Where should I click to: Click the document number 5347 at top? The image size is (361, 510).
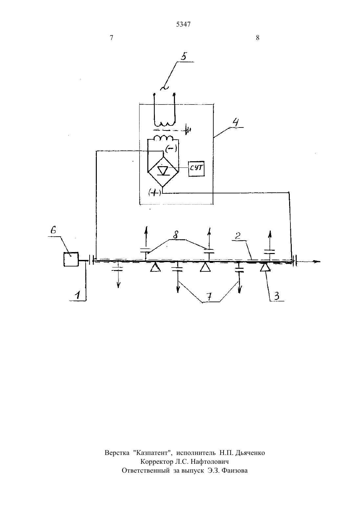pyautogui.click(x=183, y=24)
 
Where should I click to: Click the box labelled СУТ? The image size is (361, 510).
pyautogui.click(x=196, y=169)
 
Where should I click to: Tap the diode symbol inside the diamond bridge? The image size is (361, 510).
pyautogui.click(x=163, y=170)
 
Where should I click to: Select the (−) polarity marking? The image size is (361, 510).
pyautogui.click(x=171, y=149)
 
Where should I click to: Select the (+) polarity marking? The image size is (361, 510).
pyautogui.click(x=155, y=193)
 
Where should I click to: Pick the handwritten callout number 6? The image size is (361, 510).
pyautogui.click(x=53, y=230)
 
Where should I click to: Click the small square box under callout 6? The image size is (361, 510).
pyautogui.click(x=71, y=259)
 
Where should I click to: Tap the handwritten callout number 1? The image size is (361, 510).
pyautogui.click(x=78, y=295)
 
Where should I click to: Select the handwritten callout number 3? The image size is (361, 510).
pyautogui.click(x=276, y=296)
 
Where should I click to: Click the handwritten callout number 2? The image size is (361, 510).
pyautogui.click(x=238, y=236)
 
